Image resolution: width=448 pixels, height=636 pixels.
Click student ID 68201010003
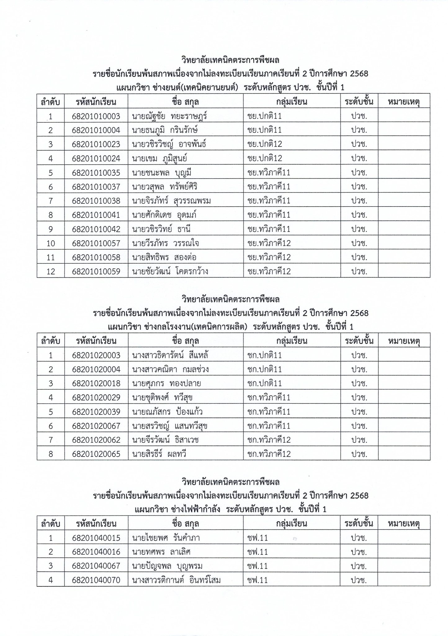[96, 116]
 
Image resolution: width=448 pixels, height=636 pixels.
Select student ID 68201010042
[96, 229]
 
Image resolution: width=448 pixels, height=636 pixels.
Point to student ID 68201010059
[96, 271]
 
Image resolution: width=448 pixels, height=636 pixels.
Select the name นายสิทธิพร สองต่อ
[164, 257]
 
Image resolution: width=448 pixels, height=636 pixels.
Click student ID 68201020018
[96, 384]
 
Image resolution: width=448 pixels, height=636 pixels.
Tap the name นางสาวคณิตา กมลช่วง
[170, 370]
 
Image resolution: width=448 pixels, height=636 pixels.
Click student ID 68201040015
[96, 538]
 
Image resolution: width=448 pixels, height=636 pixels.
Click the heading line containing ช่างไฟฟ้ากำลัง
[231, 510]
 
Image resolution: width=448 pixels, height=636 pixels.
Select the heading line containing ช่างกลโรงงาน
[231, 327]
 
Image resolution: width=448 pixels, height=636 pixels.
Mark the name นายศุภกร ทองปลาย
[166, 384]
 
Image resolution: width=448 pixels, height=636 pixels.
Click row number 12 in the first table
[51, 271]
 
